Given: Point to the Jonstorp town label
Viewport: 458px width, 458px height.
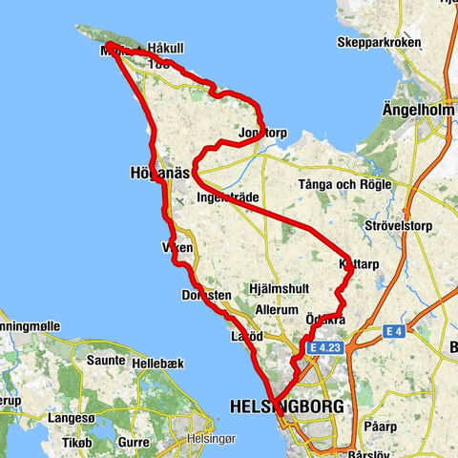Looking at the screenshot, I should point(263,133).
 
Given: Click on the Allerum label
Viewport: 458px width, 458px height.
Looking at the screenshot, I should point(281,311).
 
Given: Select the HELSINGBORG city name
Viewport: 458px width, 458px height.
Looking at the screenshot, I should point(287,406).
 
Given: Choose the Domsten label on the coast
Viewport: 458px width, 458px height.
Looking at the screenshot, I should point(206,296).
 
